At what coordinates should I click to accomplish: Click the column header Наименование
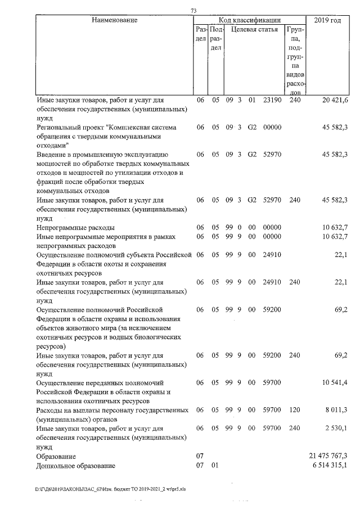[x=115, y=20]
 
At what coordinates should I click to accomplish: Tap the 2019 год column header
[x=328, y=20]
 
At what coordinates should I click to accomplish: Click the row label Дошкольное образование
[x=75, y=466]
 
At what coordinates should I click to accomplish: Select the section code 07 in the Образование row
[x=200, y=456]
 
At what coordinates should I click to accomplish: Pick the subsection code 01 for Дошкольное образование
[x=214, y=466]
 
